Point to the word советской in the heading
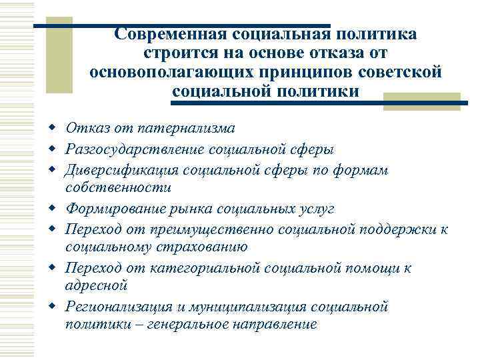tap(403, 72)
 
